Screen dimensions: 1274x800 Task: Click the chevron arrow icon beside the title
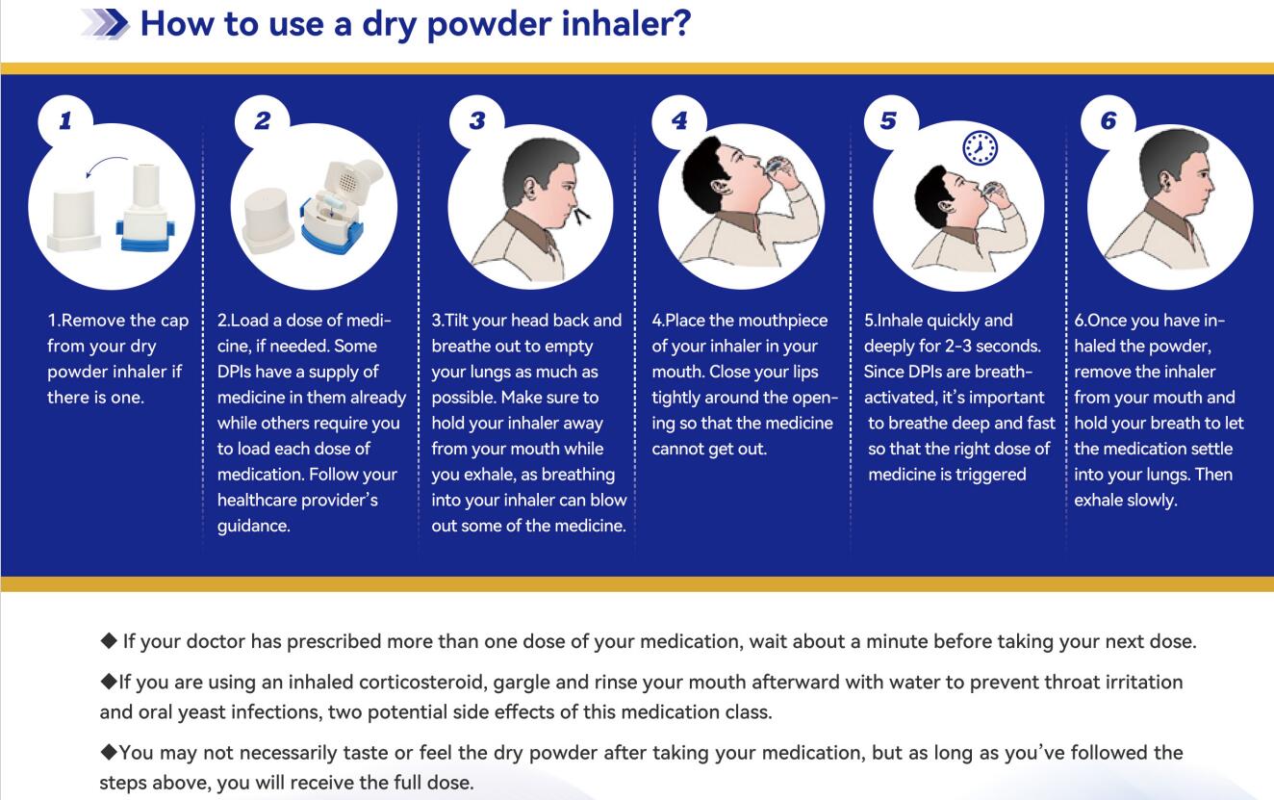(x=106, y=24)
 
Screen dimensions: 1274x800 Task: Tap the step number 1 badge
(x=65, y=121)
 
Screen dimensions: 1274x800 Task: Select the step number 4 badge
(x=679, y=121)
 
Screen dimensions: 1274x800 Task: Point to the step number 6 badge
(x=1108, y=121)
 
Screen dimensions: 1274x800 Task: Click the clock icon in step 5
(x=980, y=148)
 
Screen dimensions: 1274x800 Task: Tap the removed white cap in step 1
(x=74, y=220)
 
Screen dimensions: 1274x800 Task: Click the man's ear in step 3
(x=529, y=188)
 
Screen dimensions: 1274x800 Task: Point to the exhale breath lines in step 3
(x=582, y=216)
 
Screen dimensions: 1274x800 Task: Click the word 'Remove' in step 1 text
(x=91, y=321)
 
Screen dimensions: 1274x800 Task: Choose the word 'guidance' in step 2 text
(x=253, y=526)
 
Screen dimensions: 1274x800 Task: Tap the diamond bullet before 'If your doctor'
(x=109, y=641)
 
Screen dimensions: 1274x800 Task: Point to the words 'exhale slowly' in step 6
(x=1125, y=501)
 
